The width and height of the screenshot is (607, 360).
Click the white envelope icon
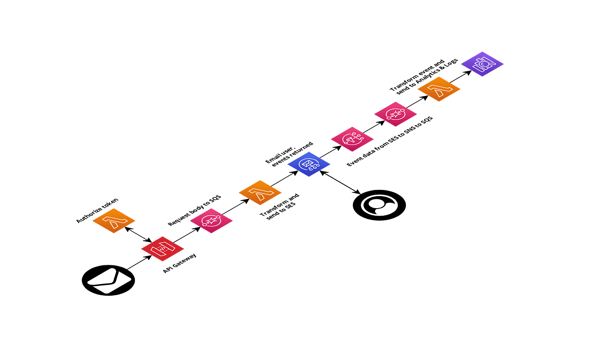(x=109, y=280)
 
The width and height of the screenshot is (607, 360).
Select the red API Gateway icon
(x=163, y=249)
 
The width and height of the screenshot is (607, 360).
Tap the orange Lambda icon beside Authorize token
(x=114, y=221)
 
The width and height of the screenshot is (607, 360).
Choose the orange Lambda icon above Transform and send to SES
(x=260, y=193)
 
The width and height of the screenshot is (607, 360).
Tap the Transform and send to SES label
(x=280, y=207)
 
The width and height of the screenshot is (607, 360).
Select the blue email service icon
(x=308, y=164)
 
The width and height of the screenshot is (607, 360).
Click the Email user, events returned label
(x=289, y=155)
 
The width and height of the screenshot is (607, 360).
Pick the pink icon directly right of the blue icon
(x=352, y=138)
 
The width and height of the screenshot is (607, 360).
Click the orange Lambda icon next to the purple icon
(x=438, y=89)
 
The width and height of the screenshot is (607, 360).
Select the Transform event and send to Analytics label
(x=424, y=75)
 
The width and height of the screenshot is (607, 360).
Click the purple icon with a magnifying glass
(x=482, y=64)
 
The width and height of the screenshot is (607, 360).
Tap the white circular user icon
(x=379, y=205)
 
